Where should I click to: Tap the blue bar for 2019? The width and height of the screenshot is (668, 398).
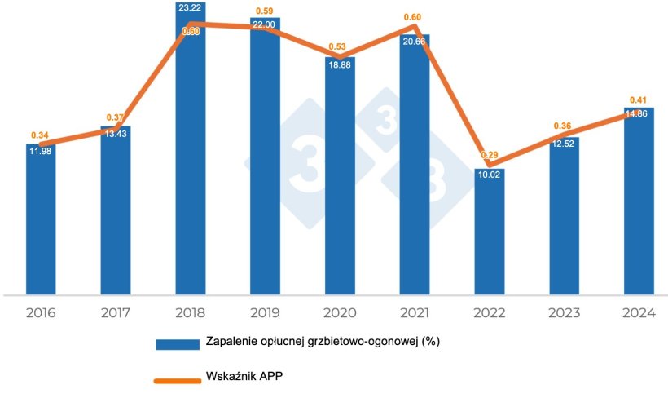pyautogui.click(x=265, y=155)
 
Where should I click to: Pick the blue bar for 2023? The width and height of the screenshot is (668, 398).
pyautogui.click(x=564, y=215)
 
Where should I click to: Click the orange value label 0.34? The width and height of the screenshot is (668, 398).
pyautogui.click(x=40, y=135)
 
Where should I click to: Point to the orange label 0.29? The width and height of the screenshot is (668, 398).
pyautogui.click(x=489, y=155)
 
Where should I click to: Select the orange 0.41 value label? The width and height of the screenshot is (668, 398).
pyautogui.click(x=639, y=100)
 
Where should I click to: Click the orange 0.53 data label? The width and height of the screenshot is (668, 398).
pyautogui.click(x=339, y=46)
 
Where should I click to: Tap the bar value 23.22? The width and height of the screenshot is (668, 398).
pyautogui.click(x=190, y=7)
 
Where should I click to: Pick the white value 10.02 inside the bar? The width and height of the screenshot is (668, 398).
pyautogui.click(x=489, y=174)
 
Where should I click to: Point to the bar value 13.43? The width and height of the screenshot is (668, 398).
pyautogui.click(x=116, y=135)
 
